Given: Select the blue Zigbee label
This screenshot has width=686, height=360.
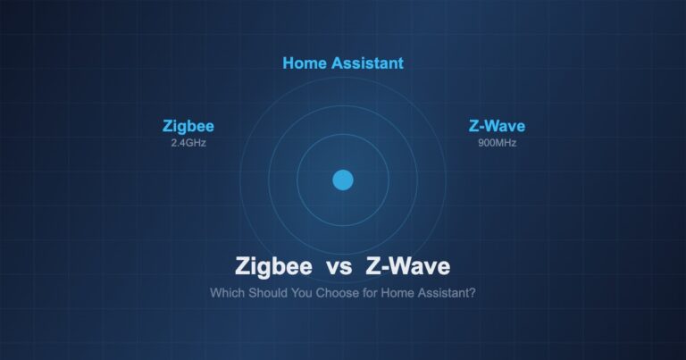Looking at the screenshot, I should point(188,126).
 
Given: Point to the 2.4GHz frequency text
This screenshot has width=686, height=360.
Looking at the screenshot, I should point(188,142).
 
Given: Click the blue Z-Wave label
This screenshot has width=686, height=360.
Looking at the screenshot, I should point(497,126).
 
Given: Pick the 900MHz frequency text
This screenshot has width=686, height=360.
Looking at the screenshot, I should point(497,142).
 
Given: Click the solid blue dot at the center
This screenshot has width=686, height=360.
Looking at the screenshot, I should point(343,180).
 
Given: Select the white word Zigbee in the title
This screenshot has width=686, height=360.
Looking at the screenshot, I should point(273,266).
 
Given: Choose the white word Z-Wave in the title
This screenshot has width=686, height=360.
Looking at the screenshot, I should point(408,266).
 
